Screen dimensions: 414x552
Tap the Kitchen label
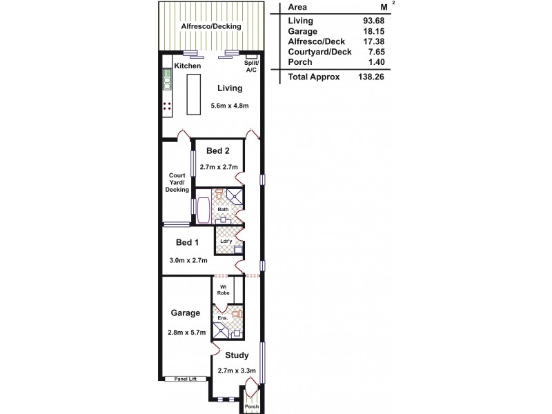point(188,66)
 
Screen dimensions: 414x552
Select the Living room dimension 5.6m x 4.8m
point(229,106)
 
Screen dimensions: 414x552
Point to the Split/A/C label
point(250,66)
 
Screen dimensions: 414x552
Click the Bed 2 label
point(217,151)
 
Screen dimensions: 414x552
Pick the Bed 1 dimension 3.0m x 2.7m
point(188,261)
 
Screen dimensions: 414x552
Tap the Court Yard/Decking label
point(177,182)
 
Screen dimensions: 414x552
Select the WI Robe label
point(224,290)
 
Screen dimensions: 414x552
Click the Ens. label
point(222,319)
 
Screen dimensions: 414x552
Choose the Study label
point(237,356)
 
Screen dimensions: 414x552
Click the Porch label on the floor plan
point(252,406)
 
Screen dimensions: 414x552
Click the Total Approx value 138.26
point(371,77)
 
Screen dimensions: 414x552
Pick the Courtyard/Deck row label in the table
point(319,51)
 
